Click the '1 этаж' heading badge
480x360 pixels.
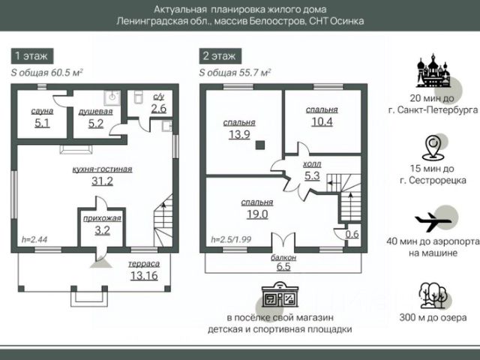31,56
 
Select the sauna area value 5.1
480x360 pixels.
42,124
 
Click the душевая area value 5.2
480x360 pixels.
95,124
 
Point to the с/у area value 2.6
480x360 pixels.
158,109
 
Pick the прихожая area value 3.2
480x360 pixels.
103,230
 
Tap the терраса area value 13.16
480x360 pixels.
144,275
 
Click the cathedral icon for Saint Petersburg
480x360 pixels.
433,72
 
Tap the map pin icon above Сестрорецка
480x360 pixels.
433,148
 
